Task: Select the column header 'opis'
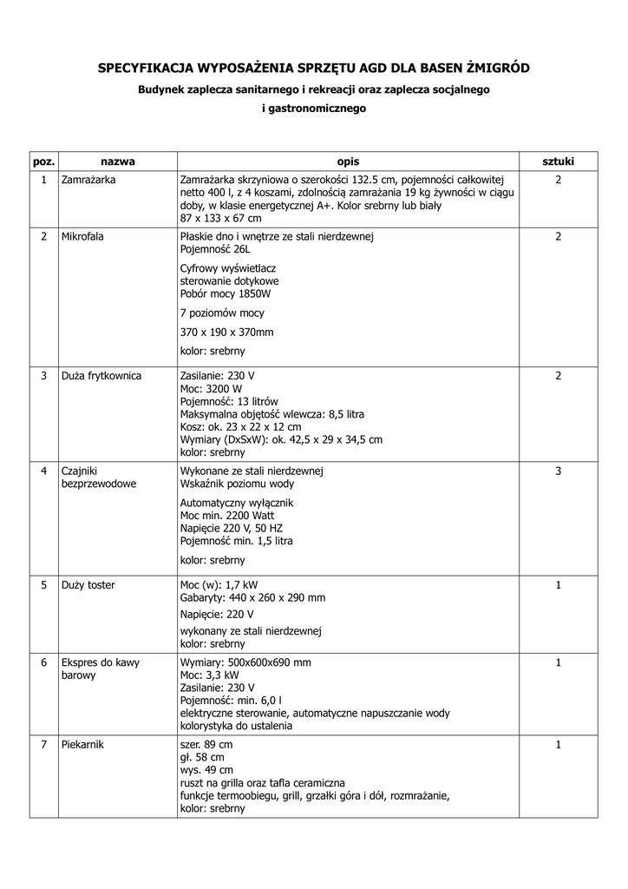tap(348, 161)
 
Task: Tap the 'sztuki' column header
tap(558, 161)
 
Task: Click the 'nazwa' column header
tap(118, 161)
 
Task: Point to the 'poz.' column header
tap(43, 161)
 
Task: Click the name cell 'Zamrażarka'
tap(88, 180)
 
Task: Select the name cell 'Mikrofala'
tap(82, 237)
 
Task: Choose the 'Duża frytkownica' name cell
tap(101, 376)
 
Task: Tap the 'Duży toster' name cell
tap(88, 585)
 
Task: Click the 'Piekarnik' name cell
tap(83, 745)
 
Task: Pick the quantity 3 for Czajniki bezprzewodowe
tap(558, 471)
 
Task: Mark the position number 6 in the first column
tap(43, 662)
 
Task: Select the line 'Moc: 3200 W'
tap(211, 389)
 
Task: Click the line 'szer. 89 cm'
tap(206, 745)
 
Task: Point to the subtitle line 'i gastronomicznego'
tap(314, 109)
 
